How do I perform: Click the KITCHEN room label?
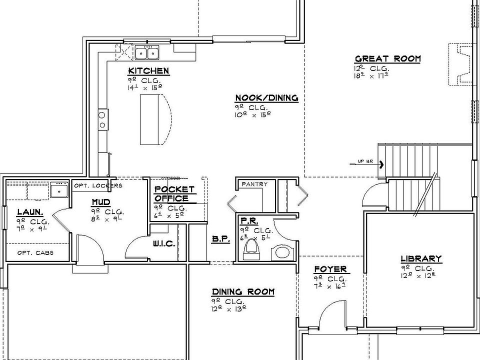coord(148,70)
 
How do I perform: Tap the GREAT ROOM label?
coord(387,58)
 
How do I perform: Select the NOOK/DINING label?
coord(266,98)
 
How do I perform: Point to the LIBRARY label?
coord(421,258)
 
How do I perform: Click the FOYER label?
coord(330,269)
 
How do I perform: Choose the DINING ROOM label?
coord(243,291)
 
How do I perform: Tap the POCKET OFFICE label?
coord(174,193)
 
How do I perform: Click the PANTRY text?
coord(254,184)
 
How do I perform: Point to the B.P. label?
coord(220,239)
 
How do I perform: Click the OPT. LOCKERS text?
coord(98,185)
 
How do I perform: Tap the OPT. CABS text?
coord(35,252)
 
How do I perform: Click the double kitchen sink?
coord(147,52)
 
